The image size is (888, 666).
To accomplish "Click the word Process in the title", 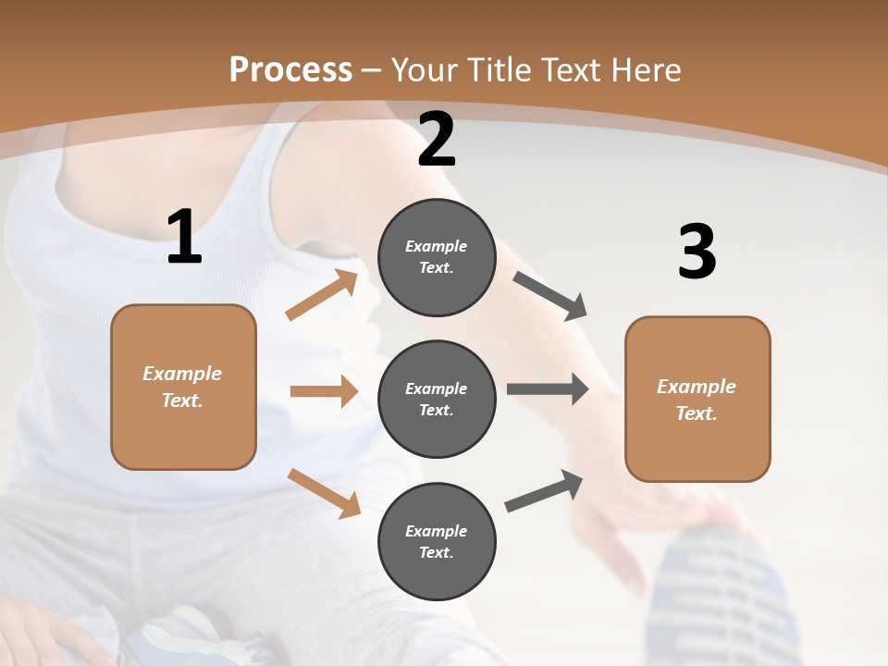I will pyautogui.click(x=290, y=69).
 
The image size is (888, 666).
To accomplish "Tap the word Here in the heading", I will pyautogui.click(x=645, y=69).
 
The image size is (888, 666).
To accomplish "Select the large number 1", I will pyautogui.click(x=184, y=237).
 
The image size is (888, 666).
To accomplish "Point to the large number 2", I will pyautogui.click(x=437, y=140).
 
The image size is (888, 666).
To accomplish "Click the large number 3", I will pyautogui.click(x=697, y=253).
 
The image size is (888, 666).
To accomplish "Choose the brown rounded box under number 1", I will pyautogui.click(x=183, y=387).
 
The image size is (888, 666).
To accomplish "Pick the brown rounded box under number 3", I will pyautogui.click(x=697, y=399).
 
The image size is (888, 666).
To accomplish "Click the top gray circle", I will pyautogui.click(x=437, y=257).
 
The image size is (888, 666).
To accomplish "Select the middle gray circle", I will pyautogui.click(x=437, y=399).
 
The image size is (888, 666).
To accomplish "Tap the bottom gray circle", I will pyautogui.click(x=437, y=541).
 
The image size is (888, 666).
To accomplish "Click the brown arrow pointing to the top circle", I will pyautogui.click(x=322, y=295).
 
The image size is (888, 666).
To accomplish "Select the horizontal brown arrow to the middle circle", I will pyautogui.click(x=324, y=391).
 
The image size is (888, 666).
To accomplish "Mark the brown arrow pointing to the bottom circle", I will pyautogui.click(x=324, y=492).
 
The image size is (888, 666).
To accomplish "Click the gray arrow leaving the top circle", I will pyautogui.click(x=550, y=296).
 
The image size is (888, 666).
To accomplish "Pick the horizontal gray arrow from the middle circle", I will pyautogui.click(x=548, y=388).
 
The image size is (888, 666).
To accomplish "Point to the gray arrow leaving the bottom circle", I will pyautogui.click(x=545, y=491).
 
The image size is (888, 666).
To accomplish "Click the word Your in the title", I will pyautogui.click(x=425, y=69).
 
